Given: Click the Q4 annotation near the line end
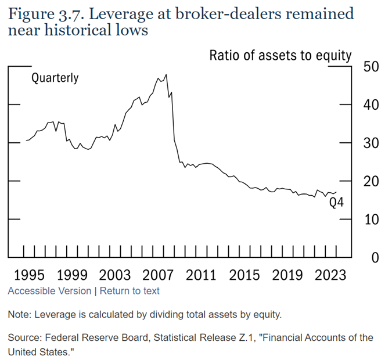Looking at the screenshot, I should tap(337, 203).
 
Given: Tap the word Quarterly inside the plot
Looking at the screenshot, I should tap(55, 78).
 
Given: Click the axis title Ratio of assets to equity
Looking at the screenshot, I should tap(280, 56).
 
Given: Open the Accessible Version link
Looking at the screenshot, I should tap(49, 291).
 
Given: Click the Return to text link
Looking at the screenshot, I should tap(130, 291).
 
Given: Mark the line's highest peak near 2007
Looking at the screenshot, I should tap(166, 74).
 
